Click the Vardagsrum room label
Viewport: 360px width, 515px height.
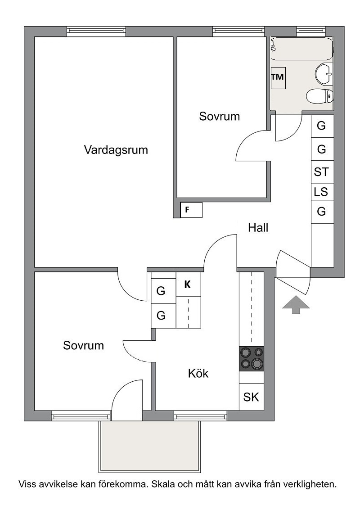[x=116, y=150]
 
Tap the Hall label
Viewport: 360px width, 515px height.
[x=258, y=228]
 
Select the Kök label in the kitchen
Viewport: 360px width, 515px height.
[x=198, y=373]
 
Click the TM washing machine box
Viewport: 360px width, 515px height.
[x=278, y=77]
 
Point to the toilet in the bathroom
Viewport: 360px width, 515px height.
[x=319, y=96]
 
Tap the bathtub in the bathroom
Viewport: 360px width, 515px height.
[x=302, y=49]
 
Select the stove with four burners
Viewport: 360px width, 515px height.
[x=252, y=359]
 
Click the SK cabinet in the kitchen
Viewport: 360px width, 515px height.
[x=252, y=397]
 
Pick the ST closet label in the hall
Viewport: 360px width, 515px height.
[x=321, y=172]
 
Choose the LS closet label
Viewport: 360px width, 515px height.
[x=321, y=191]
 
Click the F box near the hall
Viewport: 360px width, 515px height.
[x=191, y=210]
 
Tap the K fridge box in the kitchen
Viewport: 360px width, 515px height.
[x=189, y=285]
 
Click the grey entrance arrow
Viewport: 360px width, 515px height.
[x=296, y=304]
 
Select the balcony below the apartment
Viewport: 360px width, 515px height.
[x=150, y=447]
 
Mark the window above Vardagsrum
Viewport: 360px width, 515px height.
[x=96, y=31]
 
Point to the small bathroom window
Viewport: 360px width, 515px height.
[x=311, y=31]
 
